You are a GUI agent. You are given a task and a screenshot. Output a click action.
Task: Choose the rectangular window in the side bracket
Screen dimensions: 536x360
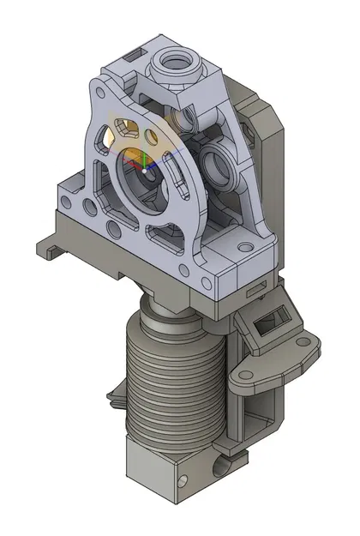pos(273,323)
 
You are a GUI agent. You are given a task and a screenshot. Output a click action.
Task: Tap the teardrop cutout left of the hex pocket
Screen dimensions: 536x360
pos(105,136)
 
